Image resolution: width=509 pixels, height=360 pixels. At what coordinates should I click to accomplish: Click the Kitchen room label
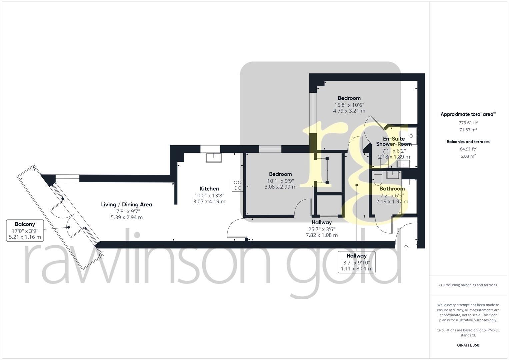click(x=209, y=189)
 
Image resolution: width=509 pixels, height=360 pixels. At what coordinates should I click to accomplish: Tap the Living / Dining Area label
click(x=127, y=204)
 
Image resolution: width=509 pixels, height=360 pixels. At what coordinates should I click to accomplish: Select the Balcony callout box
click(x=25, y=230)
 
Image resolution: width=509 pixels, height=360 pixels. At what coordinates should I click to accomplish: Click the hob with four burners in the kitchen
click(x=237, y=185)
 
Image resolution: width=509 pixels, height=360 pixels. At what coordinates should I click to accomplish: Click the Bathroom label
click(x=392, y=189)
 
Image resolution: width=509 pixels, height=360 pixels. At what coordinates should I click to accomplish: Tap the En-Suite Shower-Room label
click(x=394, y=141)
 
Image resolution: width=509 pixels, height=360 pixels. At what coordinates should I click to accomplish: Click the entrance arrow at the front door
click(x=406, y=247)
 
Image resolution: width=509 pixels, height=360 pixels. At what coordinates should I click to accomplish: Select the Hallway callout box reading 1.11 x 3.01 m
click(x=356, y=262)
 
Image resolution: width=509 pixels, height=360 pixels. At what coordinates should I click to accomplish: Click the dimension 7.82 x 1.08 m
click(x=322, y=235)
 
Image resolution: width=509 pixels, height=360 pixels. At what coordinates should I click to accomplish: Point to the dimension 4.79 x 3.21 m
click(x=349, y=111)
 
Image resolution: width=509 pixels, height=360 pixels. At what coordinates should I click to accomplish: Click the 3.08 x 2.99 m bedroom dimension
click(x=280, y=187)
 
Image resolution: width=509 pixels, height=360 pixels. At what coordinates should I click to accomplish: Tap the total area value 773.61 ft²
click(x=468, y=122)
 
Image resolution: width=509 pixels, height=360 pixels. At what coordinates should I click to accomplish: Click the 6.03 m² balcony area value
click(x=468, y=156)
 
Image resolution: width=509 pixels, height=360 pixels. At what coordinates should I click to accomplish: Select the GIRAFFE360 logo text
click(x=468, y=345)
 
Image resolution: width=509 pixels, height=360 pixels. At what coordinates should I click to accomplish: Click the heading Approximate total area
click(x=468, y=114)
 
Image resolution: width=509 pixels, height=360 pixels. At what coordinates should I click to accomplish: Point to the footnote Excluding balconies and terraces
click(x=468, y=285)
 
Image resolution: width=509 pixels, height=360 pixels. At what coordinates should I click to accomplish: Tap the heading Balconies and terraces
click(x=468, y=142)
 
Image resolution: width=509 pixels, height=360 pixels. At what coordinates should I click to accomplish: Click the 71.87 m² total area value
click(x=468, y=130)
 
